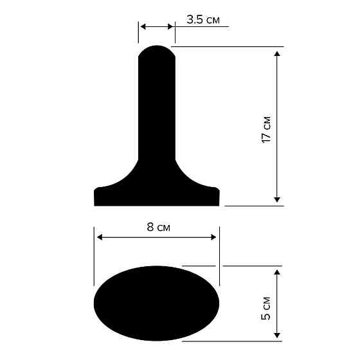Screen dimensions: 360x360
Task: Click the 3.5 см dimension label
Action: click(203, 20)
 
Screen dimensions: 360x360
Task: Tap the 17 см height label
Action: click(266, 130)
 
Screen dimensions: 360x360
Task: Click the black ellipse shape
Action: click(157, 302)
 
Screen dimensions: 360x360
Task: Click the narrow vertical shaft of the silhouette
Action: click(157, 109)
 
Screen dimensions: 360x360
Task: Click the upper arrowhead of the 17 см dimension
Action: click(277, 52)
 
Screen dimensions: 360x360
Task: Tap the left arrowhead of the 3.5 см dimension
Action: click(143, 26)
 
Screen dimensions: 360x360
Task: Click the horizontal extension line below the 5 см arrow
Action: click(244, 341)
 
